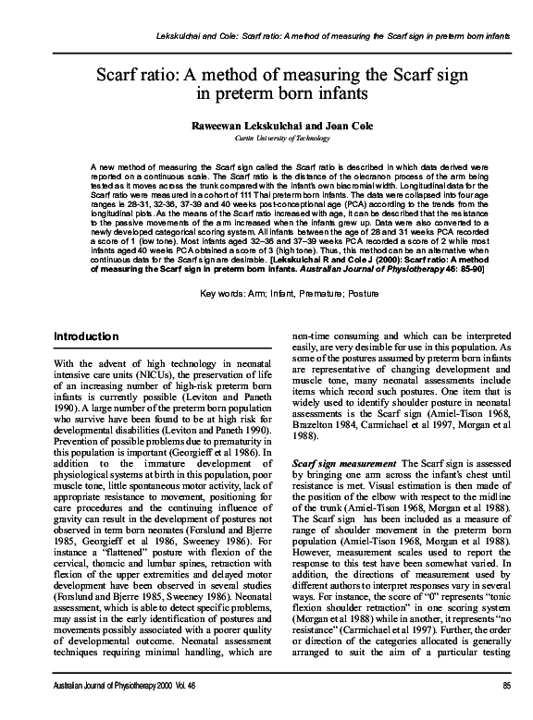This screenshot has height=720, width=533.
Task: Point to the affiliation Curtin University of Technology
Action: [266, 136]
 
